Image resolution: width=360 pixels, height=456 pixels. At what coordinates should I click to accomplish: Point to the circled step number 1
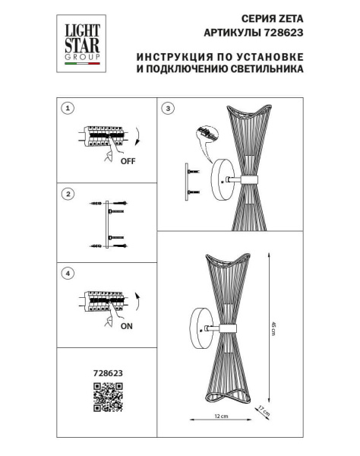pyautogui.click(x=68, y=108)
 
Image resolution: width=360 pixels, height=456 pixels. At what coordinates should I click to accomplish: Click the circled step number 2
pyautogui.click(x=68, y=195)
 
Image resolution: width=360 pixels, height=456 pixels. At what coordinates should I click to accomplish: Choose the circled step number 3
pyautogui.click(x=169, y=108)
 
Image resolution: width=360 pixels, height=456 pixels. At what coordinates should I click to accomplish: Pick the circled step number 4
pyautogui.click(x=68, y=272)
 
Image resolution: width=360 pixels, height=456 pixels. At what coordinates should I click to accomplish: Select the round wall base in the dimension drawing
pyautogui.click(x=204, y=328)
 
